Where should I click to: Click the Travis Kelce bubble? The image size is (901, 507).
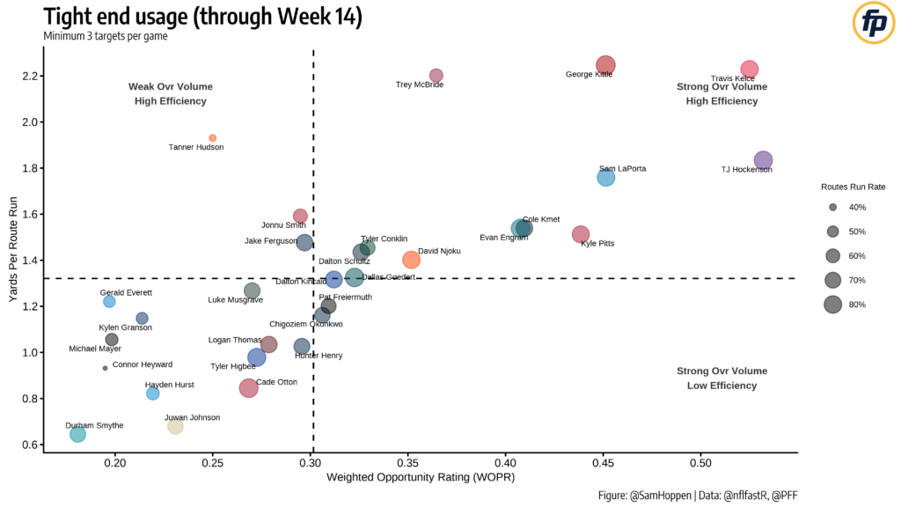click(749, 70)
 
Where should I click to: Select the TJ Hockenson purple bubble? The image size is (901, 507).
click(763, 160)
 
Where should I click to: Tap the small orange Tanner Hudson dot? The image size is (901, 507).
click(213, 138)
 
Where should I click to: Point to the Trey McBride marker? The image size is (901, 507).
click(436, 76)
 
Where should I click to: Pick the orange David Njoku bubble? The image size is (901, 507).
click(411, 260)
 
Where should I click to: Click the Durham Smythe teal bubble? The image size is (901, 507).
click(77, 434)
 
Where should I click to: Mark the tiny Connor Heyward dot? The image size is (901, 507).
click(106, 368)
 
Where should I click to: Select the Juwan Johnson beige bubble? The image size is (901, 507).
click(175, 426)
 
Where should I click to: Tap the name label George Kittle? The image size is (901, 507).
click(589, 75)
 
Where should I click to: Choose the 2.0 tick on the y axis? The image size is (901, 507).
click(26, 122)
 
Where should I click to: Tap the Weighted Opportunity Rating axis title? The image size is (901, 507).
click(420, 478)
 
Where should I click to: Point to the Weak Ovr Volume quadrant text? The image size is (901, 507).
click(171, 87)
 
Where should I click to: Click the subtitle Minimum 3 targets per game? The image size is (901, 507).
click(105, 36)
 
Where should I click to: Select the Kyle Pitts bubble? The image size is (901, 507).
click(581, 234)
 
